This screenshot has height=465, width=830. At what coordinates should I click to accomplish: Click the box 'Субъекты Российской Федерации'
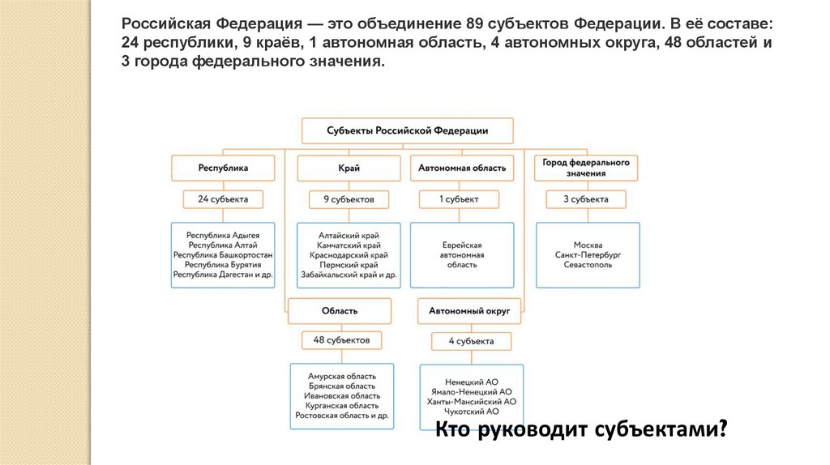pyautogui.click(x=407, y=130)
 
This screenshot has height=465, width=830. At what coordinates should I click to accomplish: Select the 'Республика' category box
pyautogui.click(x=223, y=169)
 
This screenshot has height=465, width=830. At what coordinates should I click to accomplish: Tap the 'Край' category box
pyautogui.click(x=349, y=169)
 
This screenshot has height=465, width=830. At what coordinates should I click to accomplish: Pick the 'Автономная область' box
pyautogui.click(x=462, y=169)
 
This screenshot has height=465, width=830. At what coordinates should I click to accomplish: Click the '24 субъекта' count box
pyautogui.click(x=223, y=198)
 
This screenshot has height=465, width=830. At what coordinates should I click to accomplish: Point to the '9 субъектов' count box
pyautogui.click(x=349, y=198)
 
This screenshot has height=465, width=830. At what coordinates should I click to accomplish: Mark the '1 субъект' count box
pyautogui.click(x=459, y=198)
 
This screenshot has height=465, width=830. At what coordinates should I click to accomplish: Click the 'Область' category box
pyautogui.click(x=340, y=311)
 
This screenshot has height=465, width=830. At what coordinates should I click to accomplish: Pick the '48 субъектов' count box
pyautogui.click(x=341, y=341)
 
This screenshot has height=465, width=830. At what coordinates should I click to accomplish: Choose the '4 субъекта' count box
pyautogui.click(x=472, y=341)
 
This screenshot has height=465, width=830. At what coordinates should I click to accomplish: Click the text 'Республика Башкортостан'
pyautogui.click(x=223, y=254)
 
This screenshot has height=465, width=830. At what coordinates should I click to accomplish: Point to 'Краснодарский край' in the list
pyautogui.click(x=349, y=254)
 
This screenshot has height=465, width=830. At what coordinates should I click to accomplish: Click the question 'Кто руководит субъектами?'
pyautogui.click(x=580, y=429)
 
